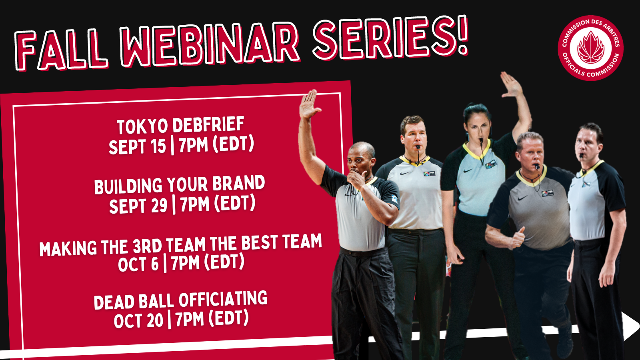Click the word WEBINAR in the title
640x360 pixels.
[210, 44]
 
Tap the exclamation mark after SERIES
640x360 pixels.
[462, 35]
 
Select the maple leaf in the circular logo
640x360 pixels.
[591, 48]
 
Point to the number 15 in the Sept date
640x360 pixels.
[158, 146]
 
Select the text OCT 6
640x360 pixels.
[138, 264]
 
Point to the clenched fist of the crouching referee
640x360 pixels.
[518, 238]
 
